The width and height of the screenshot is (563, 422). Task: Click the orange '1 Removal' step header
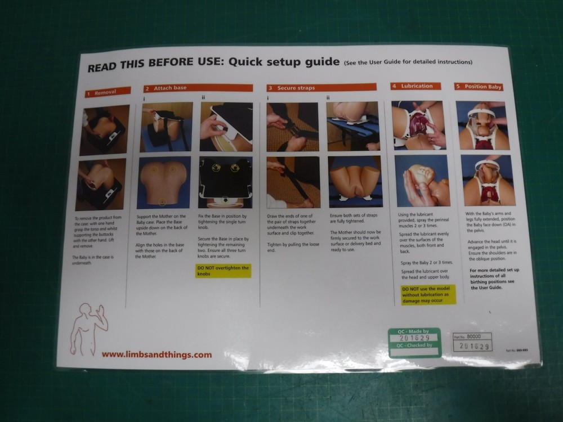(108, 91)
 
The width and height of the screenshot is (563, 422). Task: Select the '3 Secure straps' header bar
(321, 88)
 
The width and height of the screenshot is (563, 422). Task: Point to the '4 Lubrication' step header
(417, 86)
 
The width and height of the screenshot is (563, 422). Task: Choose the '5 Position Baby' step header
(479, 87)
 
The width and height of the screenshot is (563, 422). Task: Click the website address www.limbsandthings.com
(157, 354)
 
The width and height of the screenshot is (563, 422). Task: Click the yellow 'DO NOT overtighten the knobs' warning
(224, 271)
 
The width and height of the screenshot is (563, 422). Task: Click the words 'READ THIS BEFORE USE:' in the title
(155, 66)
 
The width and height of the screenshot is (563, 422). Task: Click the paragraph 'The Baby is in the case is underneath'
(93, 260)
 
